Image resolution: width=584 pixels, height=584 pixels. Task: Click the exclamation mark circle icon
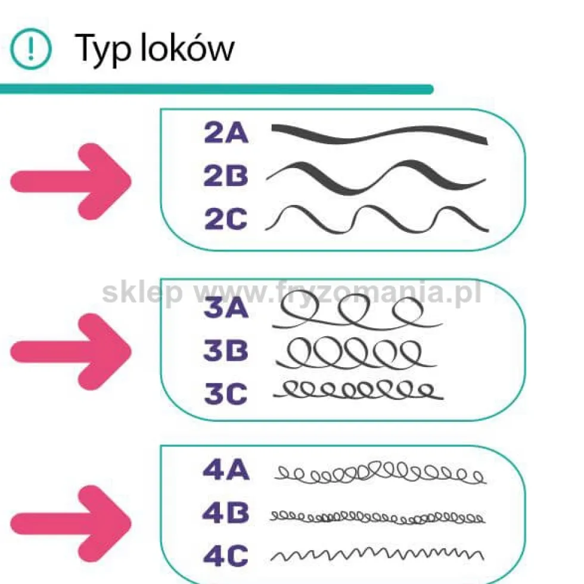tap(30, 49)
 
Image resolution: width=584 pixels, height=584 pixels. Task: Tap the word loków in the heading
tap(187, 47)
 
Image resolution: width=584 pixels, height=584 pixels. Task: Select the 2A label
tap(226, 133)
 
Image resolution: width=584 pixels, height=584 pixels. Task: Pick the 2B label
tap(226, 175)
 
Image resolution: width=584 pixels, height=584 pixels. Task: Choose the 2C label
tap(226, 219)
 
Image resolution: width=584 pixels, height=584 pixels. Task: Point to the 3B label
tap(226, 350)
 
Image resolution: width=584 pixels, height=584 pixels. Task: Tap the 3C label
tap(226, 393)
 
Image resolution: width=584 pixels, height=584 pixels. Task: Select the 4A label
tap(226, 470)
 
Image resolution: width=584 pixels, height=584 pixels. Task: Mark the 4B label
tap(226, 513)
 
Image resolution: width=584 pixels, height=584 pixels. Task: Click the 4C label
tap(226, 556)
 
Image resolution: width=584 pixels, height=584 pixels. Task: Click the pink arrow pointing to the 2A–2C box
tap(71, 181)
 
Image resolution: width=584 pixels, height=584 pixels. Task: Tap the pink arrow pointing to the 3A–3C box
tap(71, 352)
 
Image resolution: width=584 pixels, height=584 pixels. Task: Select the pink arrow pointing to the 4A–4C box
tap(71, 524)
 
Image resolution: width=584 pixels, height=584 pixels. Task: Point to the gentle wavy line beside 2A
tap(379, 135)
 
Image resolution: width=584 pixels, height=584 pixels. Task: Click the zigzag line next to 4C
tap(377, 555)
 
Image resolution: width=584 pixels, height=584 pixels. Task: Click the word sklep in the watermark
tap(142, 293)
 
